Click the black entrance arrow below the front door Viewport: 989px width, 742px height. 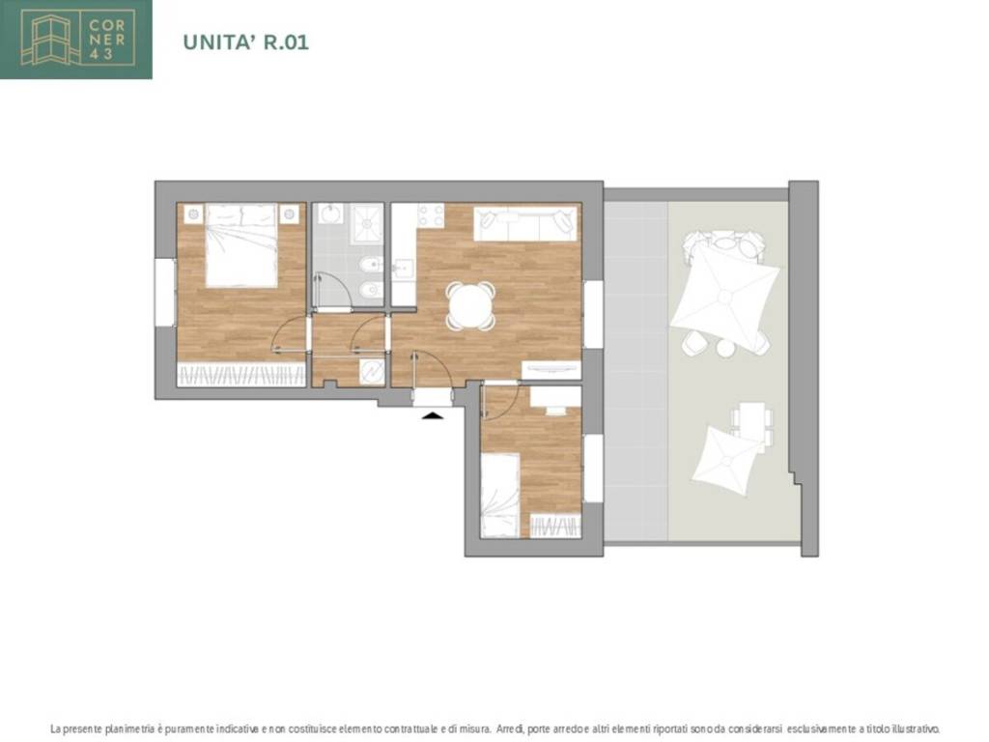pyautogui.click(x=432, y=414)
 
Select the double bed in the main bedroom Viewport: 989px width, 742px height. pyautogui.click(x=241, y=245)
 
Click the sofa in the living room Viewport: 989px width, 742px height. pyautogui.click(x=525, y=223)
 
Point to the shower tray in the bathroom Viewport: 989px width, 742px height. pyautogui.click(x=366, y=223)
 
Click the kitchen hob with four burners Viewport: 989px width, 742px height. pyautogui.click(x=430, y=215)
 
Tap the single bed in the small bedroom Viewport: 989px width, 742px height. pyautogui.click(x=499, y=496)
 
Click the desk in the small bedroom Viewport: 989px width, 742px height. pyautogui.click(x=555, y=397)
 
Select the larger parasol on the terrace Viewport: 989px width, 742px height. pyautogui.click(x=724, y=296)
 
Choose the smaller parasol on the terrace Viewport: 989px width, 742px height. pyautogui.click(x=728, y=460)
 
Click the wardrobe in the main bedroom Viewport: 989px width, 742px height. pyautogui.click(x=240, y=375)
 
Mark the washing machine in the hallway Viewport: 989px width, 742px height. pyautogui.click(x=372, y=372)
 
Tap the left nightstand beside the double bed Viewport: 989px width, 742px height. pyautogui.click(x=193, y=214)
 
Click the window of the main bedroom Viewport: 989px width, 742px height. pyautogui.click(x=164, y=293)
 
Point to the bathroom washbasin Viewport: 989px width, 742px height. pyautogui.click(x=330, y=214)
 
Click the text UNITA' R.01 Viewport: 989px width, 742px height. pyautogui.click(x=246, y=43)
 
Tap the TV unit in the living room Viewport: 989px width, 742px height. pyautogui.click(x=551, y=370)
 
